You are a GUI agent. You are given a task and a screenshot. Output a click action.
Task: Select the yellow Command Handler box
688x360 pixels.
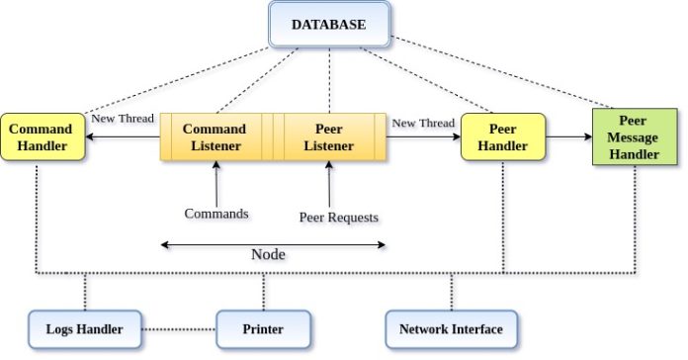tap(40, 137)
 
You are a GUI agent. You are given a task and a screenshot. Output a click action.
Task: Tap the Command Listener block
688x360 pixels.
tap(215, 136)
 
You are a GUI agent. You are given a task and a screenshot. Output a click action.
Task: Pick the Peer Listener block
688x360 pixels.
tap(328, 136)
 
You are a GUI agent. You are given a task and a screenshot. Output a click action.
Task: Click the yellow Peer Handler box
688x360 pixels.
tap(502, 137)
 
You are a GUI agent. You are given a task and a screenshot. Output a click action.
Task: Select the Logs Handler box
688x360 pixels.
tap(83, 328)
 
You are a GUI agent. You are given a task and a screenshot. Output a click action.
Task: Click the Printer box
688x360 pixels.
tap(263, 328)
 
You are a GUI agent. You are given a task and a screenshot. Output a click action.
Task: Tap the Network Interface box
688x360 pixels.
tap(450, 328)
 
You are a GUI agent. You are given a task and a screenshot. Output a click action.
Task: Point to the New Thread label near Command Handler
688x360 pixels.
tap(123, 119)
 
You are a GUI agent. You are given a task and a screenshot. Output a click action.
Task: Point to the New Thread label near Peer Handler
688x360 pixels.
tap(423, 123)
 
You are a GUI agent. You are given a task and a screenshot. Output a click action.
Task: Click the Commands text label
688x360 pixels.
tap(216, 213)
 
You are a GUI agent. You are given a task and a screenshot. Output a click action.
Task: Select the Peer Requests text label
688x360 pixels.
tap(339, 217)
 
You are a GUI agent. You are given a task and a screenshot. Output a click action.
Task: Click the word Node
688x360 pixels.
tap(268, 254)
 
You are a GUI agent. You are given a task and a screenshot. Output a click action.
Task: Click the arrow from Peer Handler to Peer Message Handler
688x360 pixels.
tap(567, 140)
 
